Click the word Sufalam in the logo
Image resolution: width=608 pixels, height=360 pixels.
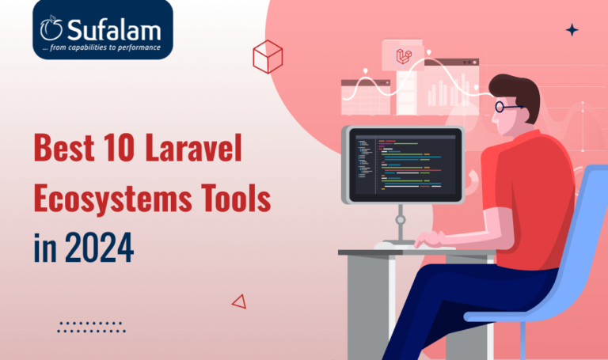pos(114,30)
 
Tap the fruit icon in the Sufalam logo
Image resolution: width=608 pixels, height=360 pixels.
pos(51,28)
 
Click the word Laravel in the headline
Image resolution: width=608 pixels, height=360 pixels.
pos(193,147)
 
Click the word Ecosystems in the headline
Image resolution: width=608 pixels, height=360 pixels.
pos(113,198)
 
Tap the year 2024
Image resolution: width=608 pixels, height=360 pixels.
pos(99,248)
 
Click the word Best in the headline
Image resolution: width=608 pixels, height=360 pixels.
pos(64,147)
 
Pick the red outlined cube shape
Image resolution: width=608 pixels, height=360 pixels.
pos(268,57)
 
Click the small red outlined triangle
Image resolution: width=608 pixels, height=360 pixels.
pos(240,301)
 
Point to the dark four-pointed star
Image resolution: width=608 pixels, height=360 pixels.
pos(572,30)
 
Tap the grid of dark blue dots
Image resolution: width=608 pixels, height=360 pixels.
pos(92,327)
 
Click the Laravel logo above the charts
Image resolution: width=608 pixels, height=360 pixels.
pos(403,57)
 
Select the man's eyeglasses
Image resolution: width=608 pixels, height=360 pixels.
pos(508,106)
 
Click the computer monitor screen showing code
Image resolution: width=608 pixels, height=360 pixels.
pos(405,165)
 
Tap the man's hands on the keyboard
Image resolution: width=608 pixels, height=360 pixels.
pos(430,239)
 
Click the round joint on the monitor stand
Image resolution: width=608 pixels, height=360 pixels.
pos(400,220)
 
